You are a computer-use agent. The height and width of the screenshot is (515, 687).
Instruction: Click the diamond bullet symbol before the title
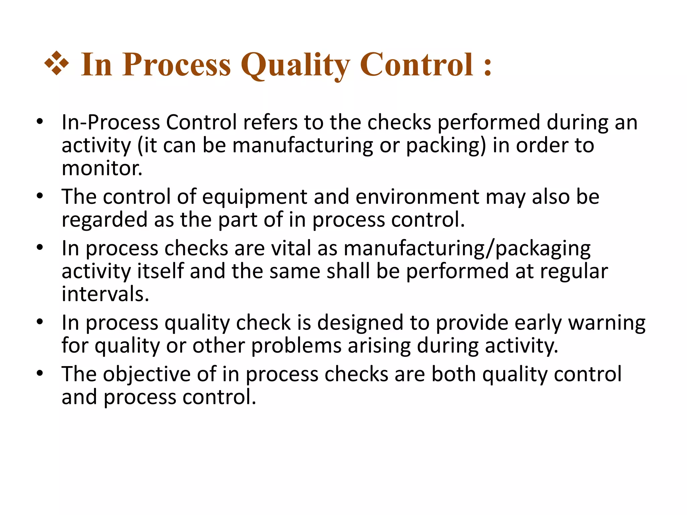(x=57, y=63)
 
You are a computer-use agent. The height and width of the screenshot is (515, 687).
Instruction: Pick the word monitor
(x=102, y=168)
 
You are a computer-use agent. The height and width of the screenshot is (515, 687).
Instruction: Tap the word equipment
(x=255, y=197)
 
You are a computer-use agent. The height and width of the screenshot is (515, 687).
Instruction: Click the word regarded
(x=104, y=220)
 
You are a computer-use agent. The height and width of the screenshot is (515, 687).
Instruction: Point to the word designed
(x=360, y=323)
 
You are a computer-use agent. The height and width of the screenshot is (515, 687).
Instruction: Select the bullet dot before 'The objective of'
(x=40, y=374)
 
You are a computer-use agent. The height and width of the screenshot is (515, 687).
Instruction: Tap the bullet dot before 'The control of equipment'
(x=40, y=196)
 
